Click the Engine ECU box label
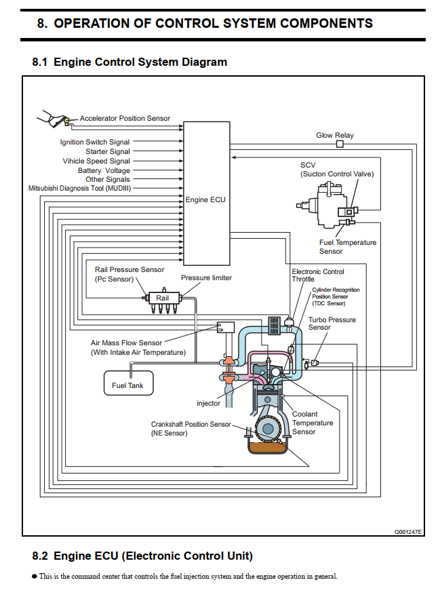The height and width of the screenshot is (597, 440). [205, 200]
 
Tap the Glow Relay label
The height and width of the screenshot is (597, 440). [335, 136]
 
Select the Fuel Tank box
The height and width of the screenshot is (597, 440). [128, 385]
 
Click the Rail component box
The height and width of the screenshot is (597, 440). [163, 298]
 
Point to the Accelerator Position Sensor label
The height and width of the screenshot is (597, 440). [125, 119]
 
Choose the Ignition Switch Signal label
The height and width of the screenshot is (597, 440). [95, 142]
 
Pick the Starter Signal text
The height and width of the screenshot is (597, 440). [108, 152]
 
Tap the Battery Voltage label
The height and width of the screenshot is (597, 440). [104, 171]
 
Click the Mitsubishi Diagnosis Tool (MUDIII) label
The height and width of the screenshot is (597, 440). [79, 188]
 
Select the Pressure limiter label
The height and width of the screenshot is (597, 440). [206, 278]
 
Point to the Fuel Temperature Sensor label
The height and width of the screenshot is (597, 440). [347, 247]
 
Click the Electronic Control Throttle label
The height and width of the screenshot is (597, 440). [317, 275]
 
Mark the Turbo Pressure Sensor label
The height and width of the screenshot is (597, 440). [332, 324]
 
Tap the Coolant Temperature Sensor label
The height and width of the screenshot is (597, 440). [313, 423]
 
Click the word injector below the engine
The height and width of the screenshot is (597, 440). [209, 404]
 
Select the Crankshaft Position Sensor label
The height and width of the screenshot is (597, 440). [191, 429]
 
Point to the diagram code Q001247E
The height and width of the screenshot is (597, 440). [408, 533]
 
